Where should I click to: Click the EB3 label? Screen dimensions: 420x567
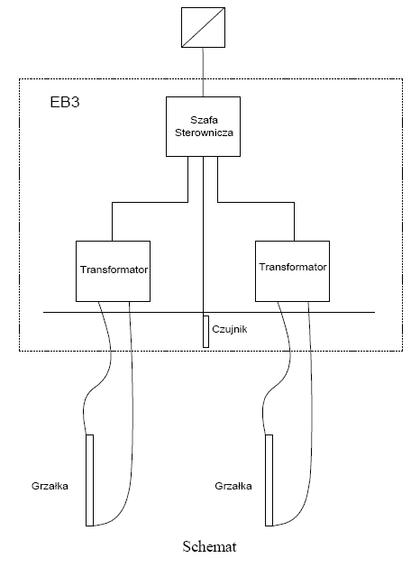point(65,103)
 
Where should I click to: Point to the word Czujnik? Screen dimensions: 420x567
point(230,329)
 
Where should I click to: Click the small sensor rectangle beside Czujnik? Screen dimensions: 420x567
point(206,332)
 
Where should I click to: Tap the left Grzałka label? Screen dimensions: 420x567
point(50,486)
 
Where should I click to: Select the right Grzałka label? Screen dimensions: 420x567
point(233,486)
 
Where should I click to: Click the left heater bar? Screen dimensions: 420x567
point(89,480)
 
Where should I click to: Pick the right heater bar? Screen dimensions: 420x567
point(269,480)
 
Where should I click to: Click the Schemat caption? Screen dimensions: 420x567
point(209,546)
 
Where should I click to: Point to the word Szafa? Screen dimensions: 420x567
point(204,120)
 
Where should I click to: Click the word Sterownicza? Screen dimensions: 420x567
point(204,133)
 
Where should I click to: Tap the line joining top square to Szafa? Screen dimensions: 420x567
point(203,72)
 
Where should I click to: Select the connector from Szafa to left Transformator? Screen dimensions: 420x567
point(150,202)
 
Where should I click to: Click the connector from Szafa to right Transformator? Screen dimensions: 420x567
point(256,202)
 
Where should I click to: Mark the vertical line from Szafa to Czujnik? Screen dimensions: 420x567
point(203,236)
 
